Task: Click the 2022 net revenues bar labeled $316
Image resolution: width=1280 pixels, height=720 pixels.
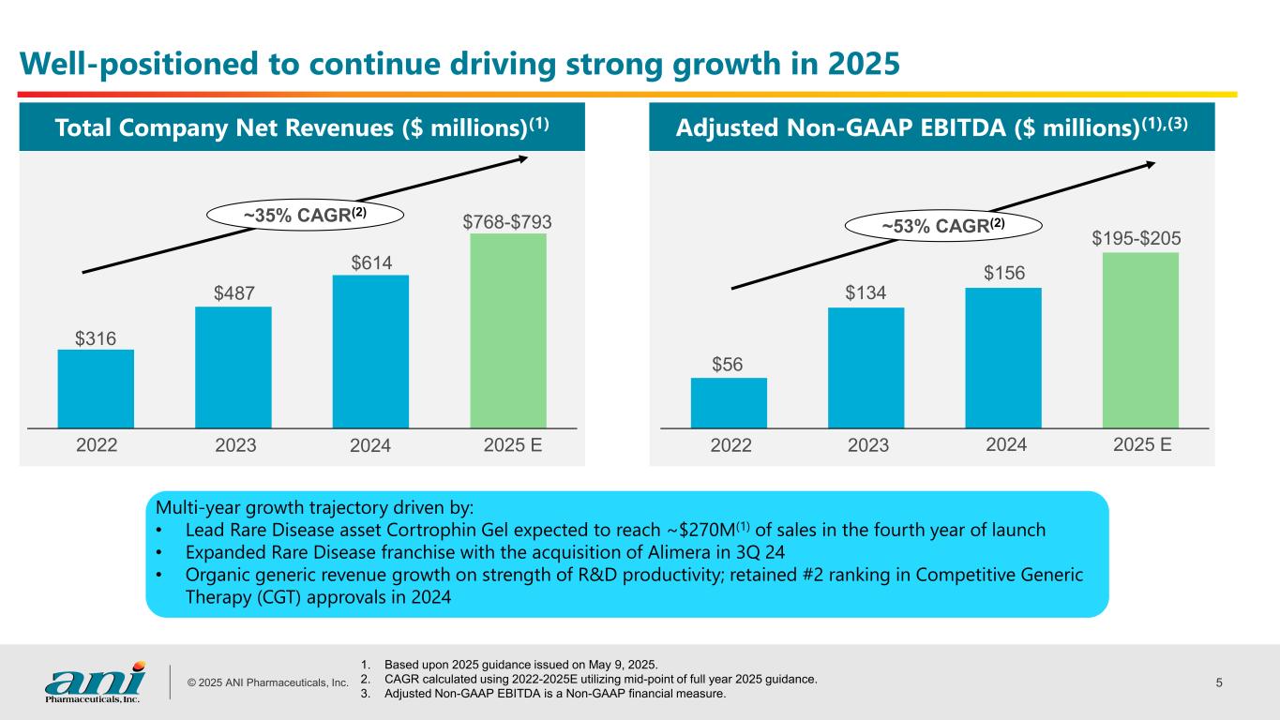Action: (96, 388)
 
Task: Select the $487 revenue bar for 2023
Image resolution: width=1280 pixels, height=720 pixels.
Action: (233, 367)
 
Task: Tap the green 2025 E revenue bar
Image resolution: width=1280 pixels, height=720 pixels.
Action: (507, 330)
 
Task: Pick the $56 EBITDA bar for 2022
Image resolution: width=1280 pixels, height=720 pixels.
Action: (729, 402)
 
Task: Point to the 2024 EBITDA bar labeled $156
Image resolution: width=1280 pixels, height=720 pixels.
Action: (1002, 357)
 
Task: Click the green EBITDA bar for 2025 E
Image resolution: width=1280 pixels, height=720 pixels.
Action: (1140, 339)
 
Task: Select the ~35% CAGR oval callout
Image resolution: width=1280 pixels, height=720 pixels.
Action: (305, 215)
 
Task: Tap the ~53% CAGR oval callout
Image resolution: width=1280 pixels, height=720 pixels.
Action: (944, 225)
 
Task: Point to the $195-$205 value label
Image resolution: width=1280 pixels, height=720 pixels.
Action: (1137, 240)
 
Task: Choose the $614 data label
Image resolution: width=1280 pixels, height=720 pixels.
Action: (370, 263)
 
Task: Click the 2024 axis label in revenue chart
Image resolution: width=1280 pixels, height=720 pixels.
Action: (369, 446)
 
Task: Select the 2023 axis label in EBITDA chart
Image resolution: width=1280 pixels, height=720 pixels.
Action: (867, 446)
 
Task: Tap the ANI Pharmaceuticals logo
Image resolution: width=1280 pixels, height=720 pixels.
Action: (95, 682)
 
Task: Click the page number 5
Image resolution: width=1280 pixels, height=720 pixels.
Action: (1219, 682)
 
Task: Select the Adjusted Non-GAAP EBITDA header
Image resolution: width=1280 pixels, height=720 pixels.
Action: (931, 127)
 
